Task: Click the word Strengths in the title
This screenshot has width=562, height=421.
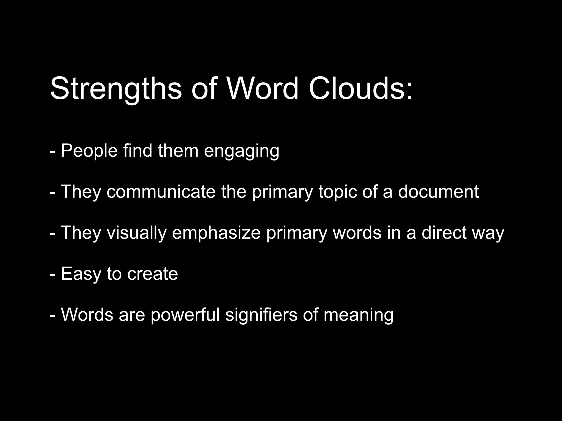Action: [116, 89]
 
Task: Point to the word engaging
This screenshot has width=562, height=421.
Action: [241, 151]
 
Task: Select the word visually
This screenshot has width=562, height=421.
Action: [136, 233]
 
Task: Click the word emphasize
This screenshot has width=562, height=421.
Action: [216, 233]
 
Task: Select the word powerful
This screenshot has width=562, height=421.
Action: [185, 315]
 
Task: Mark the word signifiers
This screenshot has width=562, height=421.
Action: [261, 315]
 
